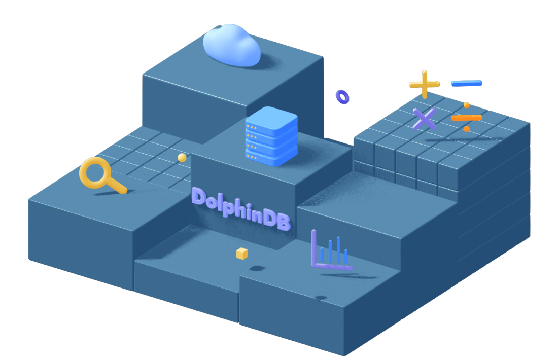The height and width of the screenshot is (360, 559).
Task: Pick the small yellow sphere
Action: tap(182, 158)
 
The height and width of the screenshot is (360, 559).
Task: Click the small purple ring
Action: tap(342, 96)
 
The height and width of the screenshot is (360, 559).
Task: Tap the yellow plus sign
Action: tap(425, 84)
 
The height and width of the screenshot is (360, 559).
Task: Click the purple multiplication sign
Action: tap(425, 119)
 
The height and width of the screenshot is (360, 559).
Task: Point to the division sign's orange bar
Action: tap(467, 118)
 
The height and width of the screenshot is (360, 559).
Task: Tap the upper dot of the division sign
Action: tap(467, 105)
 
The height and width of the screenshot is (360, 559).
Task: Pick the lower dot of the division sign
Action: tap(467, 129)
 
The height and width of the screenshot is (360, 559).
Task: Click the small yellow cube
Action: tap(242, 253)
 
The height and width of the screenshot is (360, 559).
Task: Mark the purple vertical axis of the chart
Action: tap(314, 247)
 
